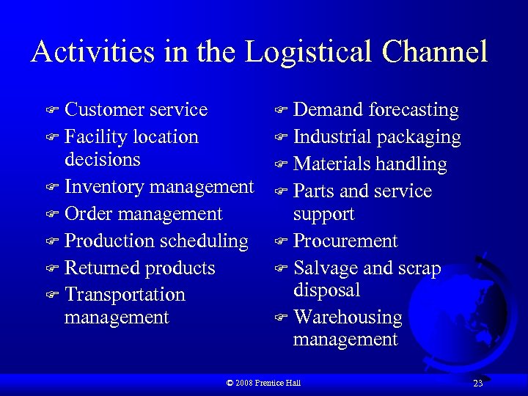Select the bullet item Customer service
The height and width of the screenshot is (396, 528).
[x=136, y=110]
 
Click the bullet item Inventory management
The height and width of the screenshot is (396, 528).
[x=159, y=187]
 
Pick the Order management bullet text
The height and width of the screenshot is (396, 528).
[x=143, y=214]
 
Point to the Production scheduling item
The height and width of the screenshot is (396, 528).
[x=156, y=241]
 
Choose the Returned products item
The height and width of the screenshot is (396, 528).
[x=139, y=268]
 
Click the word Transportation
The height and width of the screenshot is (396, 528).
[x=125, y=295]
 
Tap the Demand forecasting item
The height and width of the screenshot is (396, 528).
[x=375, y=110]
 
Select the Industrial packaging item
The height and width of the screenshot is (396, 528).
[x=377, y=137]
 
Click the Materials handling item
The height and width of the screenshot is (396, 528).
[x=370, y=164]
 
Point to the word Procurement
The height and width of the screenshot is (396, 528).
[x=345, y=241]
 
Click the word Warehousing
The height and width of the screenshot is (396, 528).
[x=348, y=318]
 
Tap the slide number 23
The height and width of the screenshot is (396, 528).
[x=477, y=384]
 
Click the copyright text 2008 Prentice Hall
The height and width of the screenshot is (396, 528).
[x=264, y=383]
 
